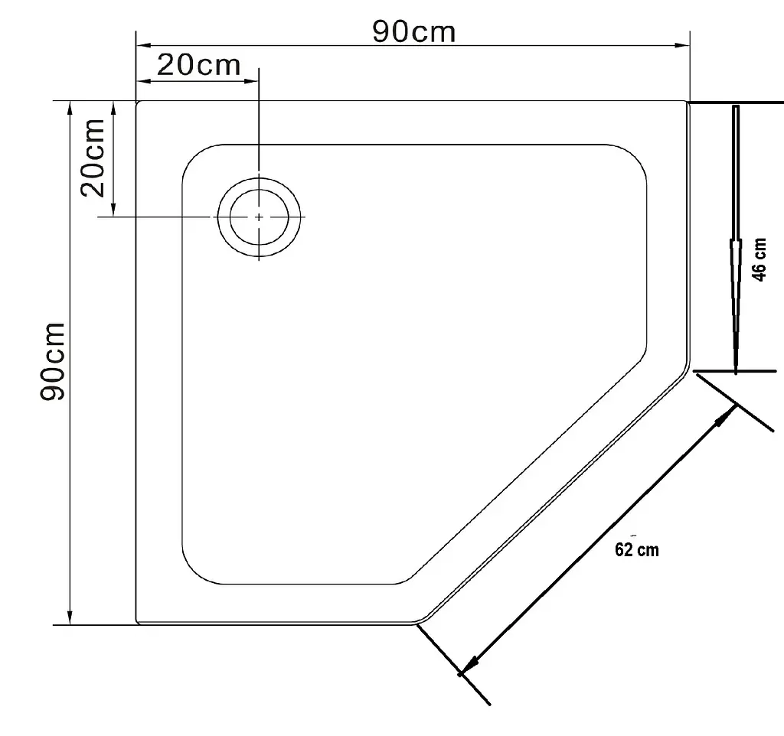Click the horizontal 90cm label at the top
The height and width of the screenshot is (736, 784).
pyautogui.click(x=414, y=32)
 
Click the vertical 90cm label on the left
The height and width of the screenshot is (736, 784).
pyautogui.click(x=53, y=361)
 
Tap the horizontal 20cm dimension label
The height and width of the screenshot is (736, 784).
pyautogui.click(x=198, y=66)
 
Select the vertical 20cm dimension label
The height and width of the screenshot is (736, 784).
pyautogui.click(x=93, y=158)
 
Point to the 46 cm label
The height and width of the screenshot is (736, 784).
pyautogui.click(x=759, y=260)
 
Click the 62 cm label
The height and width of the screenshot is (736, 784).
pyautogui.click(x=636, y=549)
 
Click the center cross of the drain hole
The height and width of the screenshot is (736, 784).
pyautogui.click(x=259, y=217)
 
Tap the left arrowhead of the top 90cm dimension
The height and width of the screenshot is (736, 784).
pyautogui.click(x=144, y=45)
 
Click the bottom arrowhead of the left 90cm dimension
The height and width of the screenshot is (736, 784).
pyautogui.click(x=70, y=617)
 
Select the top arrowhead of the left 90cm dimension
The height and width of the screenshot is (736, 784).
pyautogui.click(x=70, y=109)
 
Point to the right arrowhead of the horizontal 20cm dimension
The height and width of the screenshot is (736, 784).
pyautogui.click(x=251, y=80)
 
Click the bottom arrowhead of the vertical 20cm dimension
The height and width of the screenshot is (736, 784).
pyautogui.click(x=113, y=209)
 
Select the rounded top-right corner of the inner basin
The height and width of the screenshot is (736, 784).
pyautogui.click(x=635, y=156)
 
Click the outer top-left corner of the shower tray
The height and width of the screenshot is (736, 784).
pyautogui.click(x=137, y=102)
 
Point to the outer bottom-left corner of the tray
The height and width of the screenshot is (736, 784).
pyautogui.click(x=137, y=623)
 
